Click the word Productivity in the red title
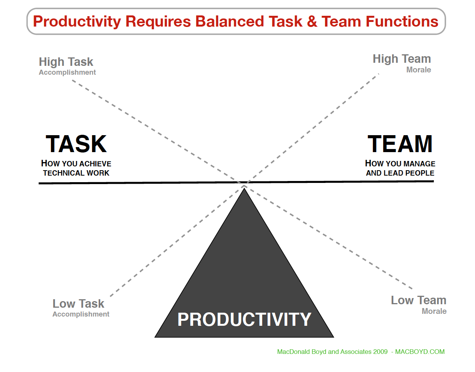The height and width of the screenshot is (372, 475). point(77,22)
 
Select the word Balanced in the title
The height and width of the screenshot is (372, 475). point(229,22)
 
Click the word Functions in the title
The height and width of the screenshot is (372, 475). point(402,22)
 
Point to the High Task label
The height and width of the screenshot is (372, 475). point(66,62)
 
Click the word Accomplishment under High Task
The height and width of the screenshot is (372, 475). point(67,72)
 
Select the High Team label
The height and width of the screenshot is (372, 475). point(402,59)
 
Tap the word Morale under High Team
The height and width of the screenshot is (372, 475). point(419,70)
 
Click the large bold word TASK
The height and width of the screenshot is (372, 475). point(76,144)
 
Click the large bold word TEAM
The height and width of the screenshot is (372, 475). point(400,144)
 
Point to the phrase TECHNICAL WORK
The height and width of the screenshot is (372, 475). point(76,173)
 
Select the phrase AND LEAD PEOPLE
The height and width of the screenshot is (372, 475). point(400,173)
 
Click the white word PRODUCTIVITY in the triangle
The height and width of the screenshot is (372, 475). point(244,320)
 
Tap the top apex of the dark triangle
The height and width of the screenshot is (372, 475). point(244,188)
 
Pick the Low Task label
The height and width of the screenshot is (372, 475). point(78,304)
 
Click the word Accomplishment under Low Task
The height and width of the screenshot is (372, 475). point(81,314)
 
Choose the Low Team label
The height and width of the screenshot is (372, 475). point(419,300)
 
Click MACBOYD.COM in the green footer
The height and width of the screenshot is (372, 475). point(420,352)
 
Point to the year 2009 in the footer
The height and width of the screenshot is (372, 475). point(381,352)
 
